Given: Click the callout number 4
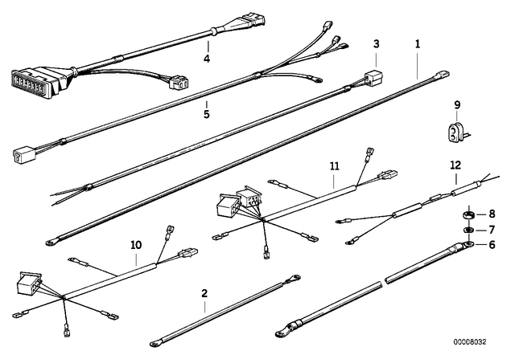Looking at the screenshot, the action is click(x=207, y=59).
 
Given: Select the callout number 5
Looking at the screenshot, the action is click(x=206, y=115).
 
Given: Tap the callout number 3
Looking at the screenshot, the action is click(x=377, y=44).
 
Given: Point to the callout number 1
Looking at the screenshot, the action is click(x=418, y=44).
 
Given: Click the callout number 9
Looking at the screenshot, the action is click(x=457, y=105).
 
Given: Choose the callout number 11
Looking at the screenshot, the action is click(x=335, y=166).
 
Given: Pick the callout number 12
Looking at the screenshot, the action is click(x=456, y=165).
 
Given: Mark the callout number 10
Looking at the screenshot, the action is click(x=136, y=245).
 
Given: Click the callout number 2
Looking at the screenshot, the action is click(x=204, y=293).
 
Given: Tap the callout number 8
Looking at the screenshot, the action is click(x=492, y=214).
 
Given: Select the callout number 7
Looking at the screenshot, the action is click(x=492, y=230).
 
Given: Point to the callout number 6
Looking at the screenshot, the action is click(x=492, y=245).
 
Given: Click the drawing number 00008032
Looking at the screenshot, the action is click(x=470, y=342).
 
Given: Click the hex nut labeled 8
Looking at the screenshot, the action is click(x=469, y=215).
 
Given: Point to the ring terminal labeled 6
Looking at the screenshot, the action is click(x=468, y=244).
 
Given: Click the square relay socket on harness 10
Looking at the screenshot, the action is click(x=29, y=283).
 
